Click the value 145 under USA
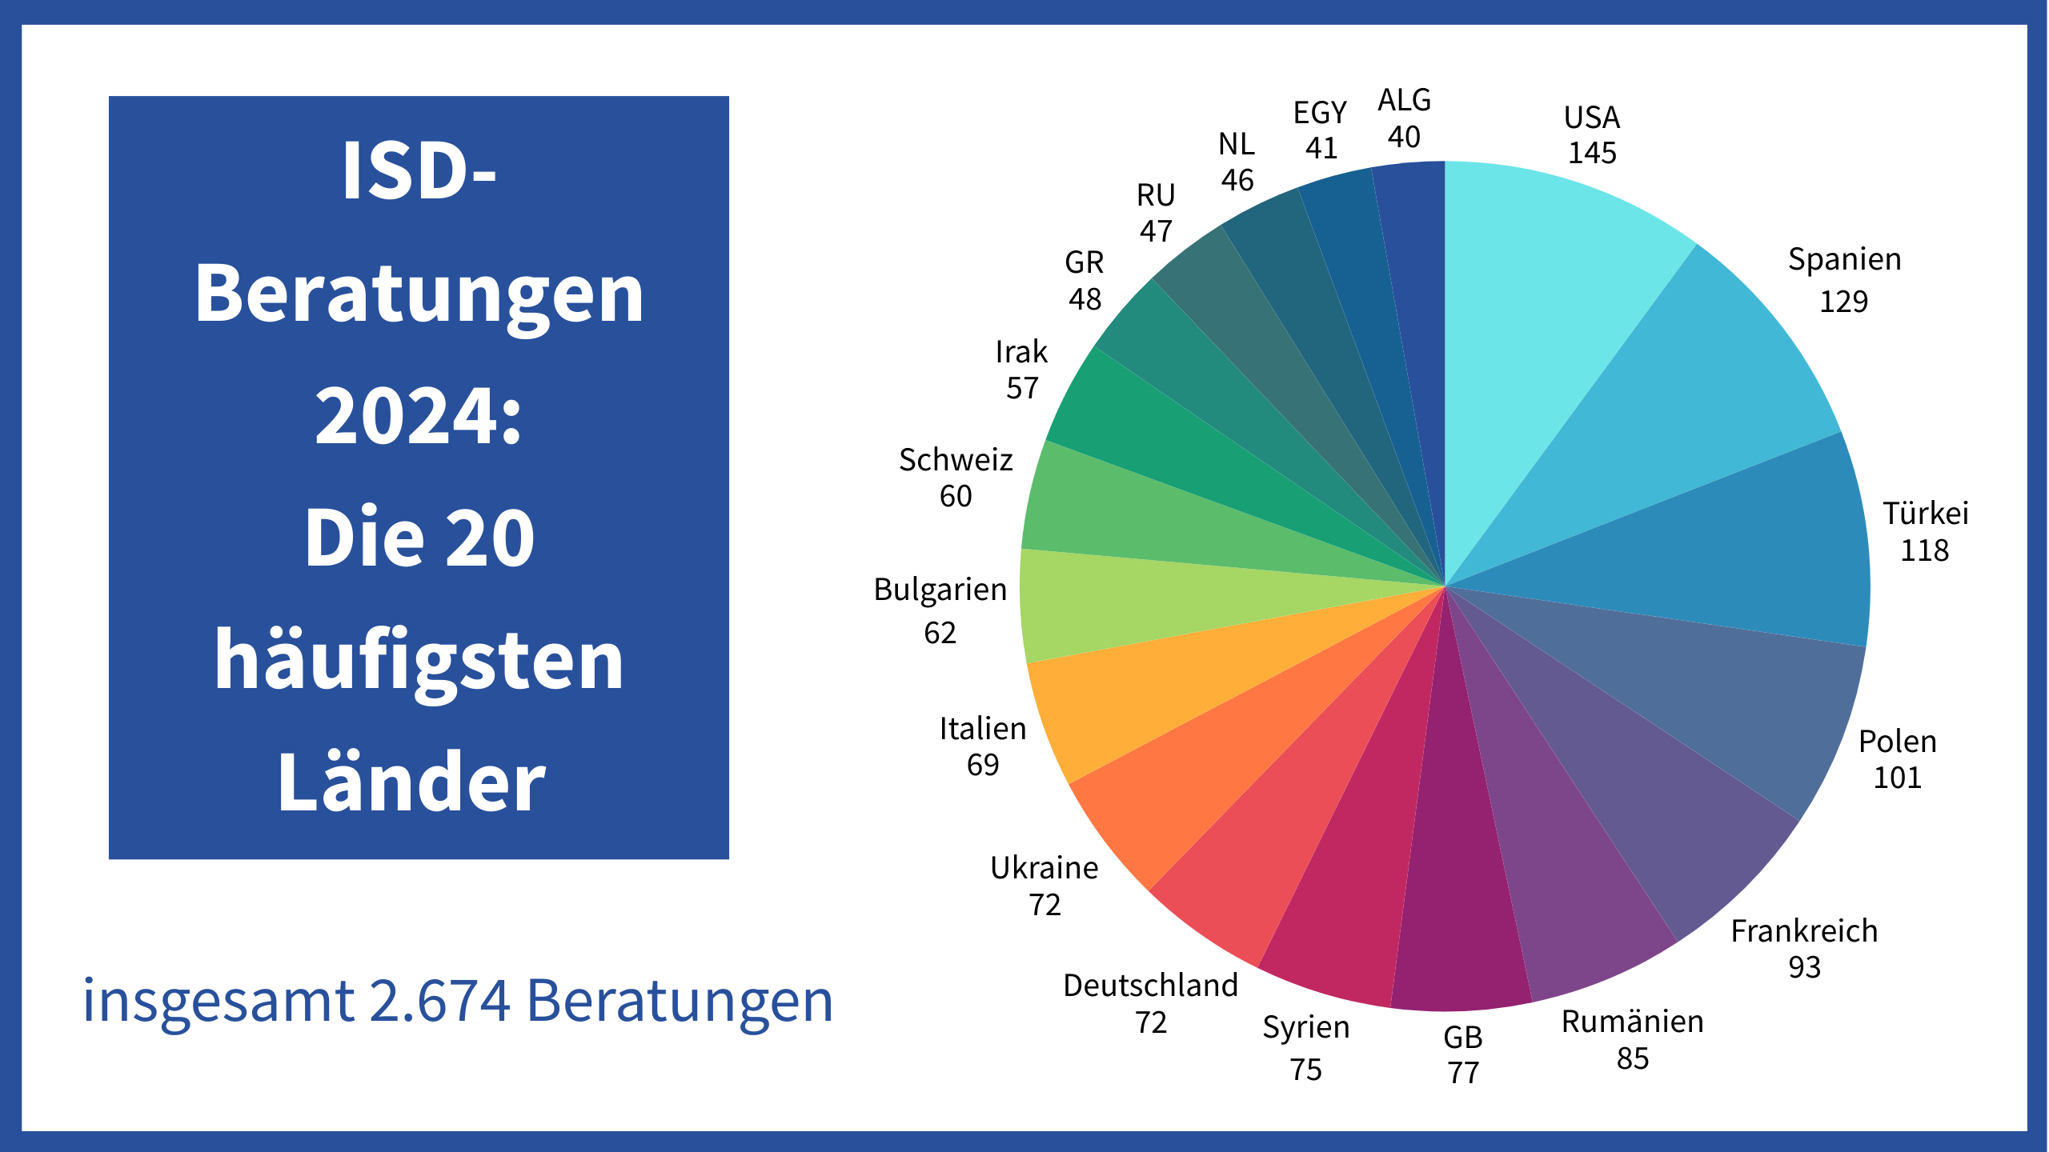pos(1592,153)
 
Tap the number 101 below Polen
pos(1897,778)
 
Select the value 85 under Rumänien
pos(1633,1058)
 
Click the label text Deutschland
pos(1150,986)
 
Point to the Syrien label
pos(1306,1027)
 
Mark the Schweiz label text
pos(956,460)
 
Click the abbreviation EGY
pos(1320,113)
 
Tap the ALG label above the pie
pos(1404,100)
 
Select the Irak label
pos(1021,352)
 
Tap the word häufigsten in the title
pos(419,660)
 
